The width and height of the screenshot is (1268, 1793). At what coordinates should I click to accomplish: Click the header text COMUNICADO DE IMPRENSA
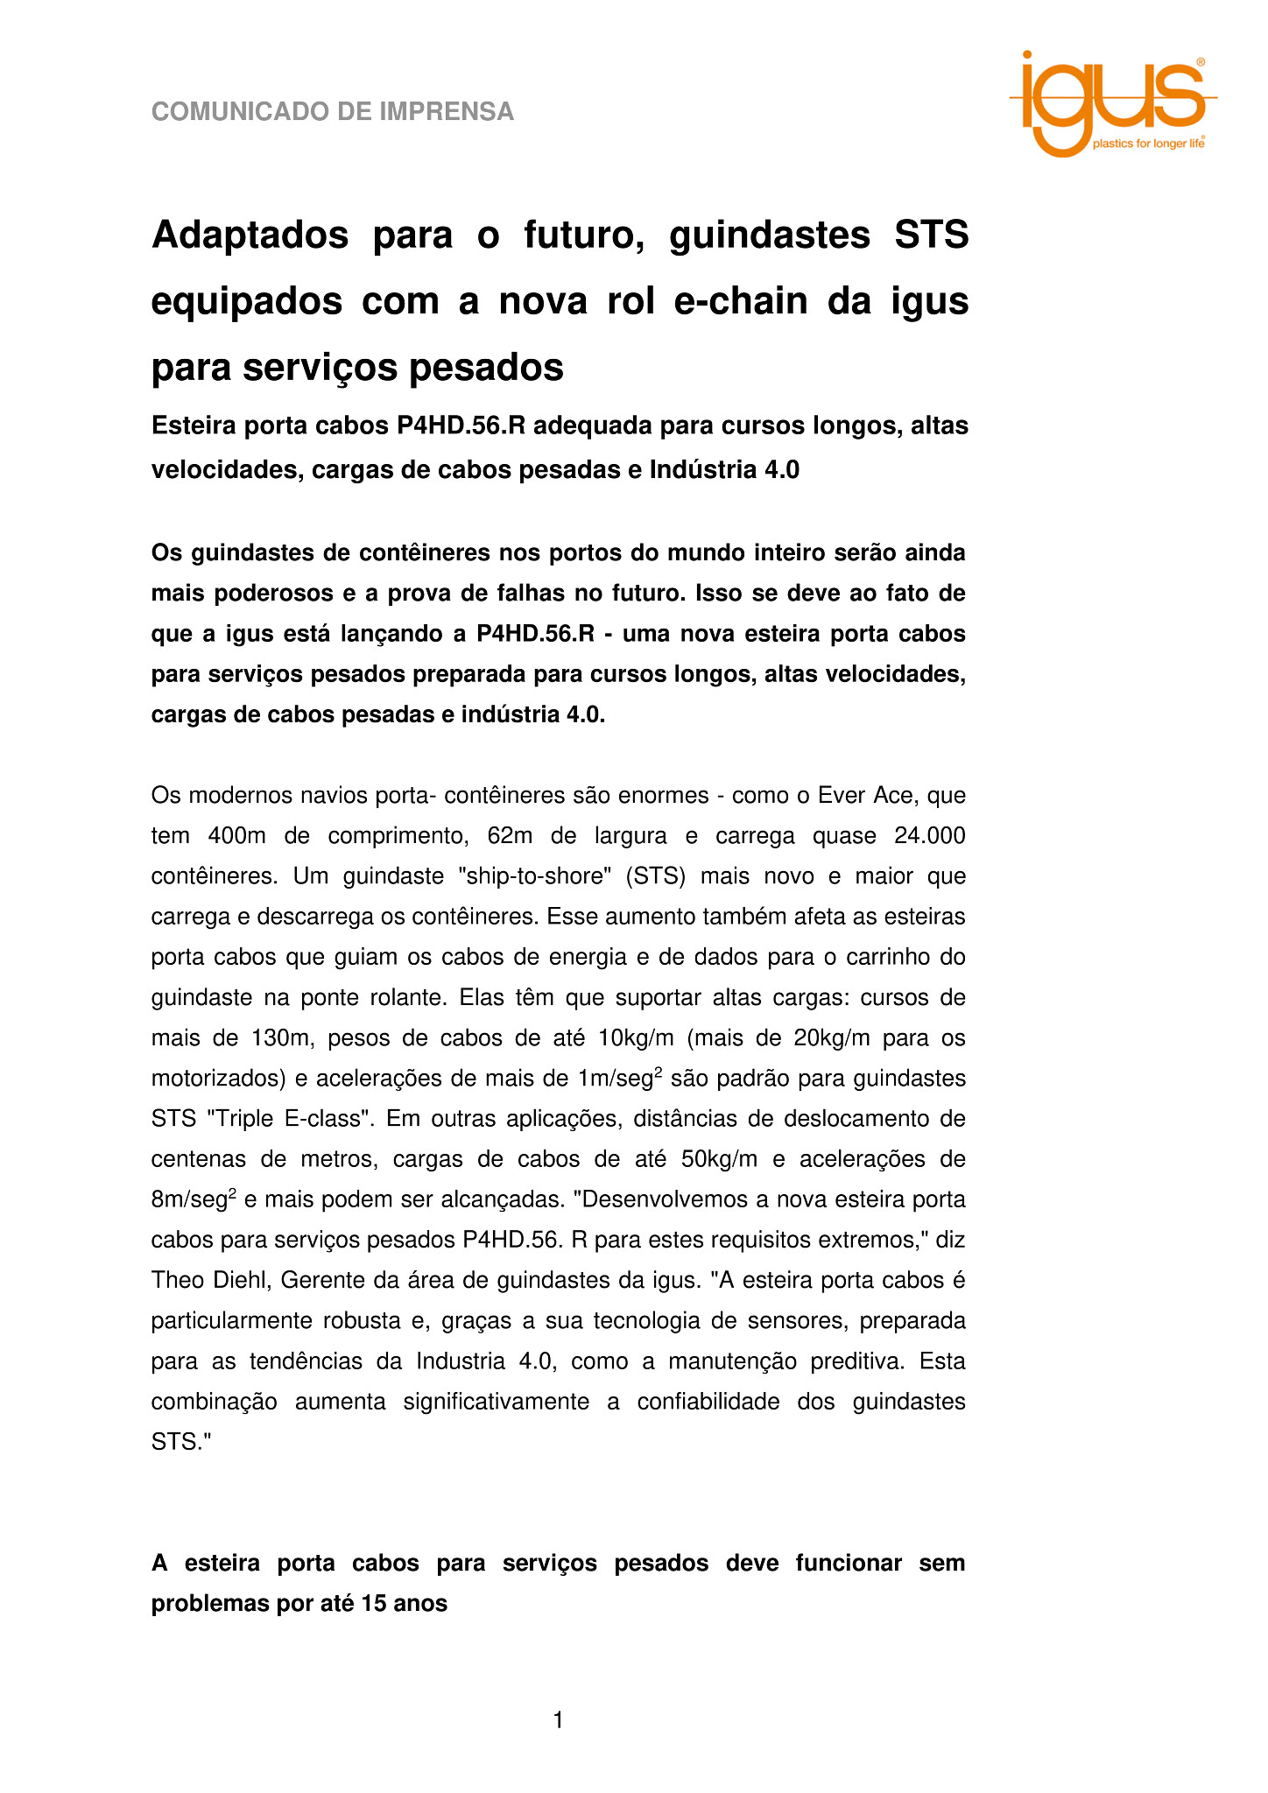[x=333, y=112]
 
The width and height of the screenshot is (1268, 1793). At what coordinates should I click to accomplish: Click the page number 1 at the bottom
[x=559, y=1720]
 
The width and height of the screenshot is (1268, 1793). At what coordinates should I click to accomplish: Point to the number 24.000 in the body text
[x=930, y=836]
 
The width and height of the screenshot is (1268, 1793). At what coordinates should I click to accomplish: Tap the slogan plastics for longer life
[x=1147, y=144]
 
